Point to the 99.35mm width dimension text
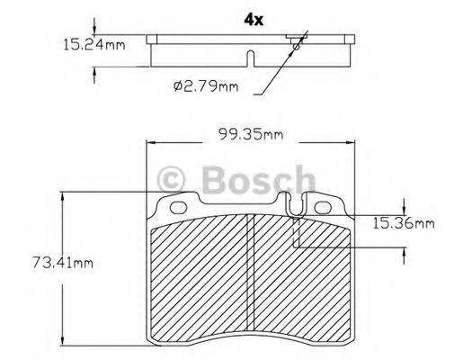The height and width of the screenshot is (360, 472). click(250, 135)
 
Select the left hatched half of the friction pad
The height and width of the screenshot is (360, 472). click(200, 279)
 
